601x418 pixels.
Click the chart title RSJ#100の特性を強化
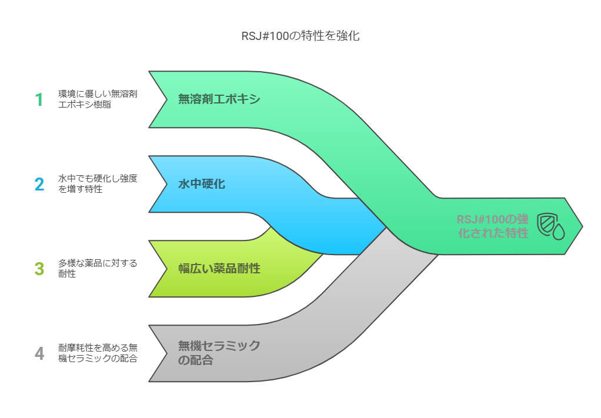[300, 36]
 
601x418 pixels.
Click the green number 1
[39, 99]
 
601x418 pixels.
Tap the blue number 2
[39, 184]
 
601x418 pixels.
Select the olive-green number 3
[39, 269]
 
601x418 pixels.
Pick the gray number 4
[39, 354]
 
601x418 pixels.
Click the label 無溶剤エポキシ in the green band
[219, 99]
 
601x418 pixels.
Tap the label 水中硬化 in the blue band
[202, 184]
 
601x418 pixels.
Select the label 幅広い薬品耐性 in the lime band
[219, 269]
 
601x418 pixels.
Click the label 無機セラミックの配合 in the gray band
[219, 353]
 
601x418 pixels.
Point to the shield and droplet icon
[551, 226]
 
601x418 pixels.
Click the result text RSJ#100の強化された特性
[493, 226]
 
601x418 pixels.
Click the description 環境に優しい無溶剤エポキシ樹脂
[98, 99]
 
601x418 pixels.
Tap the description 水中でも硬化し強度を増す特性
[98, 184]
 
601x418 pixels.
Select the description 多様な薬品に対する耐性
[98, 269]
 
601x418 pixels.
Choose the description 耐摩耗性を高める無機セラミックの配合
[98, 353]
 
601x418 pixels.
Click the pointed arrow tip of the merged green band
[582, 226]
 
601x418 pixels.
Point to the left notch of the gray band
[167, 353]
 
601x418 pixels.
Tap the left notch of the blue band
[167, 184]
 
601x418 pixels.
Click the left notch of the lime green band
[167, 269]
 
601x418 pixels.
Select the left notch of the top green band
[167, 99]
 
